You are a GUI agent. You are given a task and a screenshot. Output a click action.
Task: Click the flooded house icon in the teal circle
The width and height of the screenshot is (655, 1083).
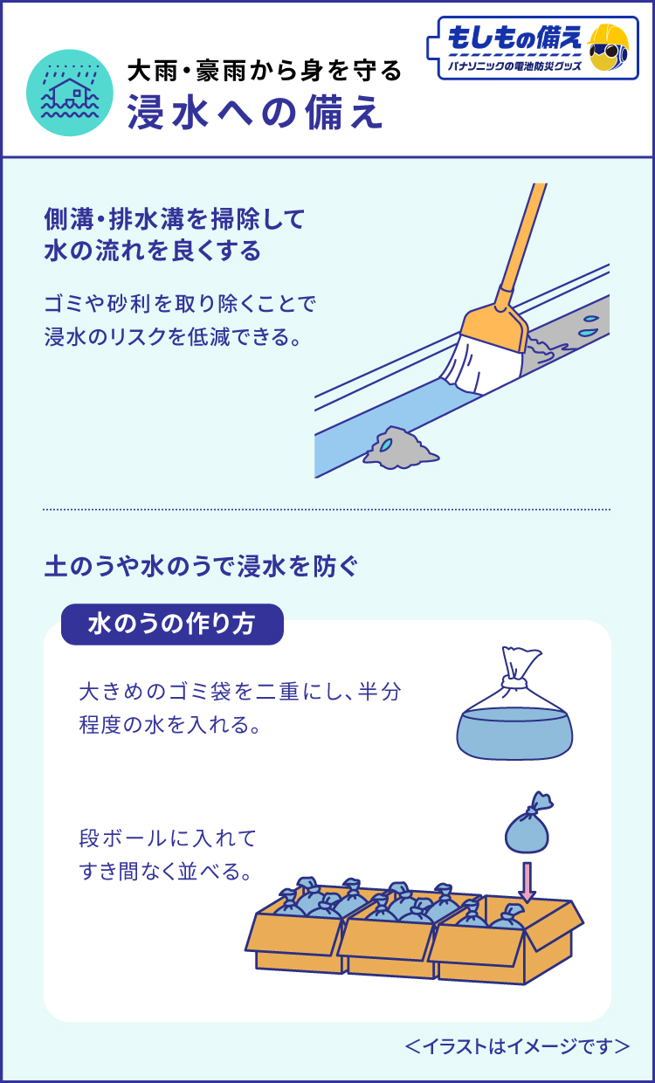coord(70,93)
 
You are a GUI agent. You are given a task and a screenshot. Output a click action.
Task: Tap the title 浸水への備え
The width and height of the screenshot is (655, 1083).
coord(255,113)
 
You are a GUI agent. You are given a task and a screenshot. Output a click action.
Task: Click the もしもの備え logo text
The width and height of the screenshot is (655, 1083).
coord(514,38)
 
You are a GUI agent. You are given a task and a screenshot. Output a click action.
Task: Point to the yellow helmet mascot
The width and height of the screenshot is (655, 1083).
coord(608,47)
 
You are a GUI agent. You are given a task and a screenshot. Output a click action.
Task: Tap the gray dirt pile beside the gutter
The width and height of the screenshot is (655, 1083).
coord(401,448)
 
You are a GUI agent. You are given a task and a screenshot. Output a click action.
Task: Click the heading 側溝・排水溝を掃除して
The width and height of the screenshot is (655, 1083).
coord(175,219)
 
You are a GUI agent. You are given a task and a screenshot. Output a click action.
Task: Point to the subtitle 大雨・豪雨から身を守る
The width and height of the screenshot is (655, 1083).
coord(265,71)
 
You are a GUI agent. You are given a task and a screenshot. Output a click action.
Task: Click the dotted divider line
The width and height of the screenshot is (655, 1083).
coord(327,509)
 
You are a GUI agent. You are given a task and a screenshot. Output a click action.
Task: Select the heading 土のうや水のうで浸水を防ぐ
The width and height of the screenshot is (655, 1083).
coord(201,567)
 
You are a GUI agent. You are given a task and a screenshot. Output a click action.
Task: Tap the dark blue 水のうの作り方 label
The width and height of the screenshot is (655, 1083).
coord(172,624)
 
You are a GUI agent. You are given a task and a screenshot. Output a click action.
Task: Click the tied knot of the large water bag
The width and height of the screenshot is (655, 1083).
coord(514,682)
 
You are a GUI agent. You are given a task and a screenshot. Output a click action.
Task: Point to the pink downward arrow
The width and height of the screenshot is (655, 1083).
coord(527,882)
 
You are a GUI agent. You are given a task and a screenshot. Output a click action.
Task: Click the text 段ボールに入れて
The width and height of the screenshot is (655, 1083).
coord(168,838)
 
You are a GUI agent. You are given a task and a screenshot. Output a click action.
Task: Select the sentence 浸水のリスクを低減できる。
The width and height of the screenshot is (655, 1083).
coord(173,336)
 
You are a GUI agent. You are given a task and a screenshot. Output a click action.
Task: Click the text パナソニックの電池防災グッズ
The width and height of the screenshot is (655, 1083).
coord(514,66)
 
